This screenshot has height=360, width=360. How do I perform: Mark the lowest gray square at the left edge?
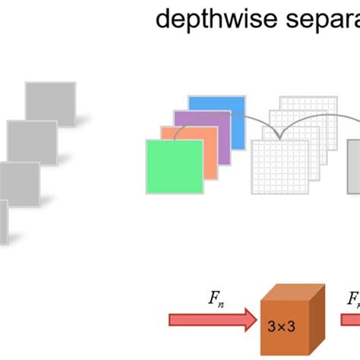[x=4, y=220]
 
